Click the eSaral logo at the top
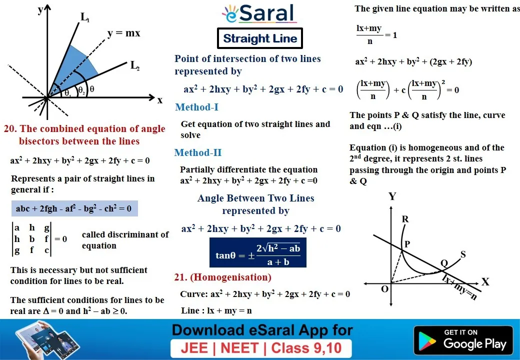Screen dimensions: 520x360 (259, 13)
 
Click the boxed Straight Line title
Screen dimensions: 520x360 (260, 38)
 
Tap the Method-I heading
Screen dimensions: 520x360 (196, 107)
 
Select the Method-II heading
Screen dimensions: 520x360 (198, 152)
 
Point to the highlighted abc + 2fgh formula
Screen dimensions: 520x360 (74, 208)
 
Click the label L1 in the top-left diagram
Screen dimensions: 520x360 (85, 17)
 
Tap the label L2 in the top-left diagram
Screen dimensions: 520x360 (135, 65)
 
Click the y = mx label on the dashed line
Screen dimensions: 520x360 (123, 33)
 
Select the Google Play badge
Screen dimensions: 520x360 (463, 340)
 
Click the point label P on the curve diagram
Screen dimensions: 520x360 (407, 244)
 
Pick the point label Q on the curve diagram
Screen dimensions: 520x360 (444, 263)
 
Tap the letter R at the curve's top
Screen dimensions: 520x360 (405, 219)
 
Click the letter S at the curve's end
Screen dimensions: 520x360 (463, 254)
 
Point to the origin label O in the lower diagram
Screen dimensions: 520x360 (384, 289)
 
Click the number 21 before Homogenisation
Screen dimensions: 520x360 (179, 277)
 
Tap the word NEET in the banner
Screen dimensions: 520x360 (239, 348)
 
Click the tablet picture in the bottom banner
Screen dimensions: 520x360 (46, 340)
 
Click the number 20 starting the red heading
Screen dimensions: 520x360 (9, 128)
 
